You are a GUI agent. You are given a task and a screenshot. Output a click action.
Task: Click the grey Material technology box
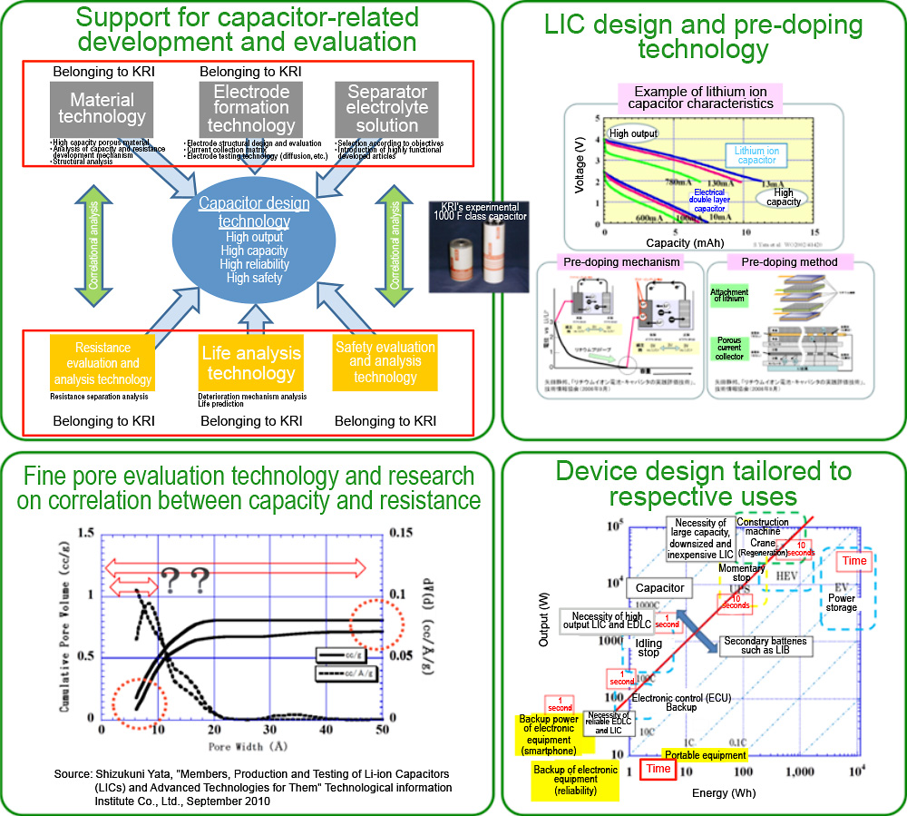(x=102, y=108)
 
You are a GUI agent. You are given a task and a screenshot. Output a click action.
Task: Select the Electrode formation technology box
(x=250, y=108)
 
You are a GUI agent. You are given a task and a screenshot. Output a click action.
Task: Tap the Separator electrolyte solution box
(x=386, y=108)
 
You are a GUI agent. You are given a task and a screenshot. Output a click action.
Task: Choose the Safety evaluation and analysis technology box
(x=385, y=362)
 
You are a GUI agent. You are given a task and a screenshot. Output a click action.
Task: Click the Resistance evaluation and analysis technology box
(x=102, y=363)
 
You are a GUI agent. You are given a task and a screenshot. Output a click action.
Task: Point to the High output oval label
(x=631, y=133)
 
